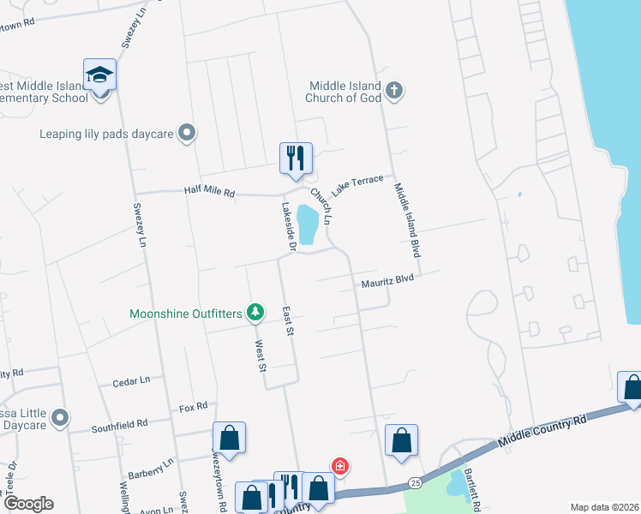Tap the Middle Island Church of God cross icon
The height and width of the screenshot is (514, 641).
click(394, 91)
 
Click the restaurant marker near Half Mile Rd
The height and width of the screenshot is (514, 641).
click(296, 158)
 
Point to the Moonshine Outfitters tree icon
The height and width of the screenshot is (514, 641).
click(255, 314)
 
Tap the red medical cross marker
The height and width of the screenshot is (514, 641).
click(340, 467)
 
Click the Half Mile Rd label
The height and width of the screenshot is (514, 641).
click(209, 193)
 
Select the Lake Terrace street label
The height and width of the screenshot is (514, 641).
click(356, 183)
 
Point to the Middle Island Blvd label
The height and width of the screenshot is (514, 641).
click(409, 219)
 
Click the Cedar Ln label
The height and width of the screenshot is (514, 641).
click(132, 380)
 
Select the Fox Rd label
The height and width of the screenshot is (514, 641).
click(195, 406)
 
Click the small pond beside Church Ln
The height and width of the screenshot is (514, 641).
click(307, 224)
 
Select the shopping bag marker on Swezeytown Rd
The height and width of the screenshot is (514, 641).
click(230, 438)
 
